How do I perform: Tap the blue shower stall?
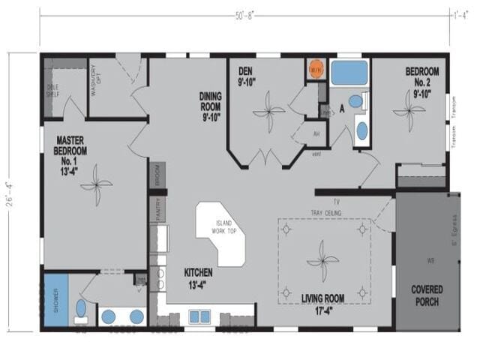pos(54,298)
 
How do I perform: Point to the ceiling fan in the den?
pos(268,115)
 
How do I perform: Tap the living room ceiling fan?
pos(321,259)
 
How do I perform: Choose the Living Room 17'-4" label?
pos(323,303)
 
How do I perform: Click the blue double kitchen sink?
pos(199,316)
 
